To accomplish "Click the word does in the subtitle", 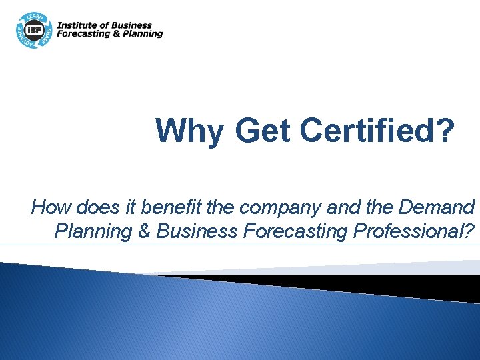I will (89, 207).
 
